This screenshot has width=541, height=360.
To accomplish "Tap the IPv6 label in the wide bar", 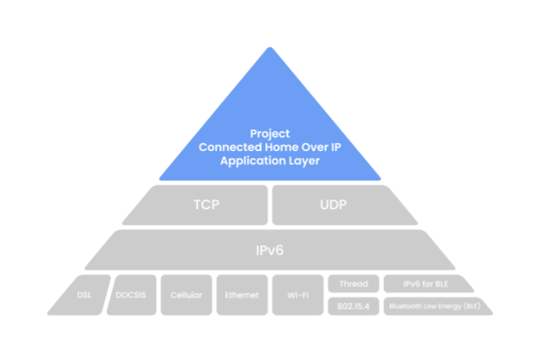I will point(270,250).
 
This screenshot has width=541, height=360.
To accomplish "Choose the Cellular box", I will point(186,295).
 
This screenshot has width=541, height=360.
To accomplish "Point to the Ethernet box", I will point(242,295).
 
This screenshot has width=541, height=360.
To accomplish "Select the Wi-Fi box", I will point(297,295).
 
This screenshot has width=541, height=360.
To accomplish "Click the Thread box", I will point(353,284).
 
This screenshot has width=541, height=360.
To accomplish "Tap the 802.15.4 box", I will point(353,306).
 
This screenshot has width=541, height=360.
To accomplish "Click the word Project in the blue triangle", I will point(270,134).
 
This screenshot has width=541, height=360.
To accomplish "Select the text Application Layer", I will point(270,161).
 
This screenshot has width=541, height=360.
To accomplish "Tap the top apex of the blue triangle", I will point(270,48).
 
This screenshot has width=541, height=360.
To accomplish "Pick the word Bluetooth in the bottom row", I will point(407,306).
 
